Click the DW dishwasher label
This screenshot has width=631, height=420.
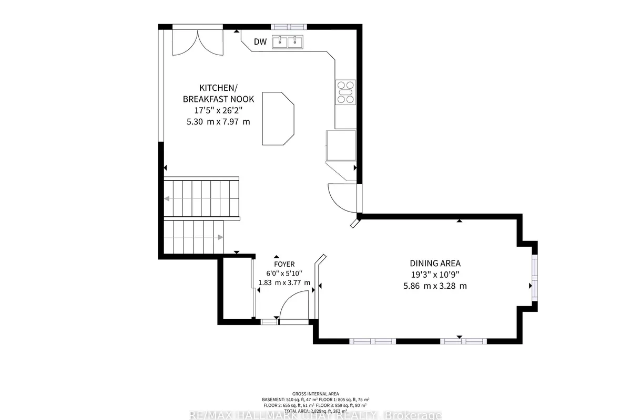[260, 42]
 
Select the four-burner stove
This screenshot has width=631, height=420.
[345, 91]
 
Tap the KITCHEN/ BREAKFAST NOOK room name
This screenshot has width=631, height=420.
[218, 93]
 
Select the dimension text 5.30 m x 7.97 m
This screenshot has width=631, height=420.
[218, 122]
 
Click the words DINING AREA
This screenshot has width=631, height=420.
[435, 263]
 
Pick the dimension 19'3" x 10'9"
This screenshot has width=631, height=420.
[435, 275]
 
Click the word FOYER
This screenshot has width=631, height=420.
[284, 264]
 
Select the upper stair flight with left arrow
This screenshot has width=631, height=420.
[201, 198]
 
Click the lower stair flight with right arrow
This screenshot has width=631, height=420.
[194, 237]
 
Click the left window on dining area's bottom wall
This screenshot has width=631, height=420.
[373, 341]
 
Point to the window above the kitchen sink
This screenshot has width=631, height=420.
[289, 26]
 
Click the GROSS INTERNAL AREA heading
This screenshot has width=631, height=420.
[315, 394]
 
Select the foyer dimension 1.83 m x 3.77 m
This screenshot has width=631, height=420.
[284, 283]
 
